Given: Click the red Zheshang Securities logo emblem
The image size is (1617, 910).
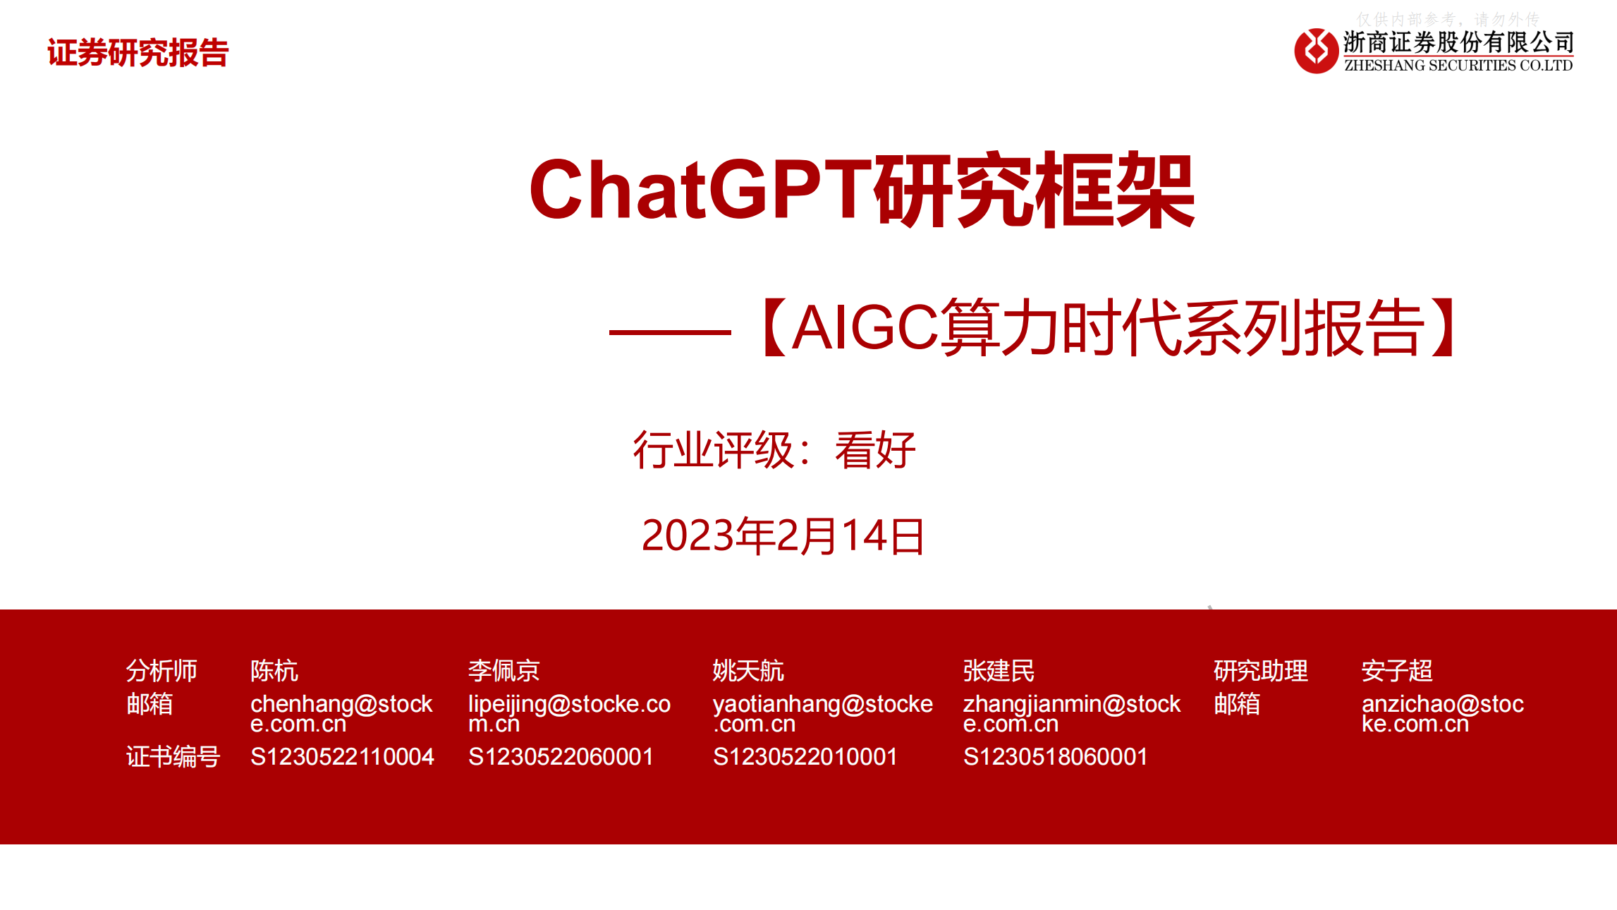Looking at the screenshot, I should point(1316,51).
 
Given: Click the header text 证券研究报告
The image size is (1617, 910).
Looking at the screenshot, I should point(138,53).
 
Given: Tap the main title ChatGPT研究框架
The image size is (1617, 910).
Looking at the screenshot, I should point(861,190).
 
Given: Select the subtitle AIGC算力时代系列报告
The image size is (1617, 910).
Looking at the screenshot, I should point(1109,328).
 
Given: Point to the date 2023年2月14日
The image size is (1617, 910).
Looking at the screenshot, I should point(783,535).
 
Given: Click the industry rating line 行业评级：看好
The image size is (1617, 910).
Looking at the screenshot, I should point(774,450).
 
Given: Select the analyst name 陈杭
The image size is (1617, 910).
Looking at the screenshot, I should point(274,670).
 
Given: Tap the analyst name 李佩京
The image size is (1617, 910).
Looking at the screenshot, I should point(504,670).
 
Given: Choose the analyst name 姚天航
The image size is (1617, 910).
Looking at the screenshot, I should point(748,670).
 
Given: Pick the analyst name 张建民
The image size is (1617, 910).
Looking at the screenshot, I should point(999,670).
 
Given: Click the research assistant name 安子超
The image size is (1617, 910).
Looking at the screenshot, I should point(1397,670).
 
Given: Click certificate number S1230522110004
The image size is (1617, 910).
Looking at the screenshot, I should point(342,757).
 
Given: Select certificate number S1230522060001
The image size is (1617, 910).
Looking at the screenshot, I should point(561,757).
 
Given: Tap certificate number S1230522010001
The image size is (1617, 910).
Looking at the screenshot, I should point(805,757).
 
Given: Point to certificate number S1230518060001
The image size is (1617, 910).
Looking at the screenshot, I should point(1055,757).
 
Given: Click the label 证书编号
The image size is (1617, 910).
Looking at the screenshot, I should point(173,757).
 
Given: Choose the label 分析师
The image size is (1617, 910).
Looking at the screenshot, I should point(161,670).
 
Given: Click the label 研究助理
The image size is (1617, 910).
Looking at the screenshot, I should point(1260,670).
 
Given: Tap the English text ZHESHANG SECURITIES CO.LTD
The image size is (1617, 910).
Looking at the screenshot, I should point(1458,66).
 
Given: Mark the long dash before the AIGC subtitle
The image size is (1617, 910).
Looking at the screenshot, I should point(669,332).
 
